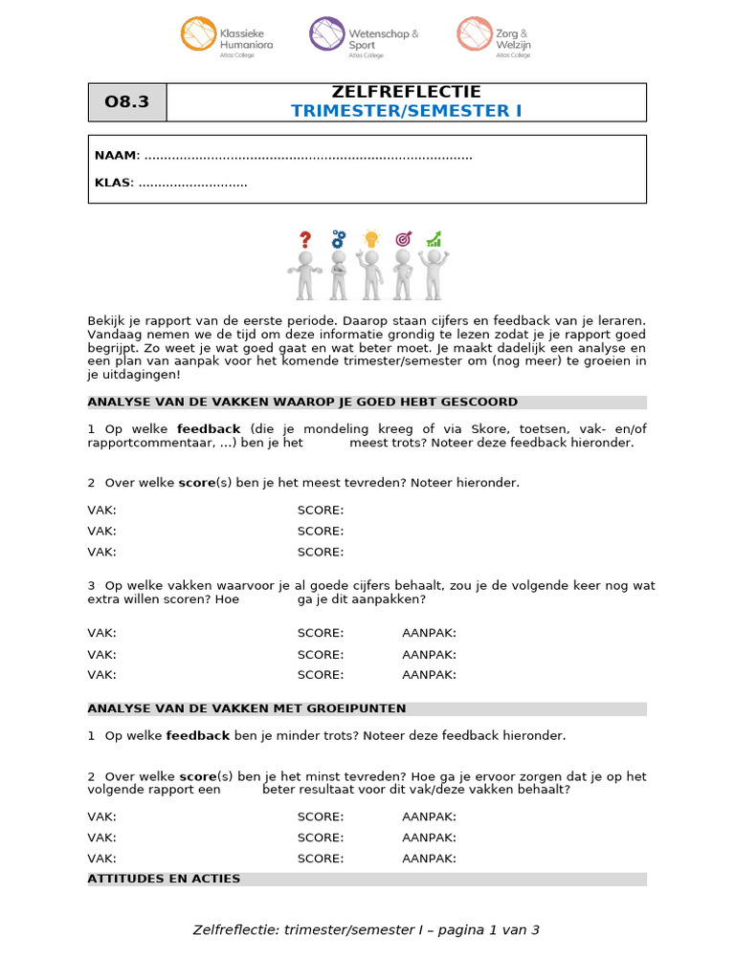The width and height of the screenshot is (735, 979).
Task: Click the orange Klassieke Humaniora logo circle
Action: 198,34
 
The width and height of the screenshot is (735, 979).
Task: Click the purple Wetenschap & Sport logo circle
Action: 326,34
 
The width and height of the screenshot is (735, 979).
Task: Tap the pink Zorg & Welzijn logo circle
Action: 473,34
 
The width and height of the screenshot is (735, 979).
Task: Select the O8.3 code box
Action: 127,102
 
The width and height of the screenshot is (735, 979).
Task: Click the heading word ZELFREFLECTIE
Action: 406,93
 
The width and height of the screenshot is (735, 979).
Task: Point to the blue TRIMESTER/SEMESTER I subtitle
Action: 406,111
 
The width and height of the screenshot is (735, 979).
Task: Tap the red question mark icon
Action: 305,239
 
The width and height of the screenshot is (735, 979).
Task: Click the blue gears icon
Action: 338,239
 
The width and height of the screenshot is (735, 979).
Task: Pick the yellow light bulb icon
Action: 371,239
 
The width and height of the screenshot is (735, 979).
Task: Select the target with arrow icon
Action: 403,238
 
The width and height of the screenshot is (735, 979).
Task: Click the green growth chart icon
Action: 434,238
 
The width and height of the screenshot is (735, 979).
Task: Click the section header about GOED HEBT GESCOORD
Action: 302,402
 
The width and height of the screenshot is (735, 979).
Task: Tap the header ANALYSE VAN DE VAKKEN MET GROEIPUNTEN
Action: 247,708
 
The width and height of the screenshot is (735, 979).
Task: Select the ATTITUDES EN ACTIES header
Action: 164,879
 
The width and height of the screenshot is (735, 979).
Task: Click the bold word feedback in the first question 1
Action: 209,429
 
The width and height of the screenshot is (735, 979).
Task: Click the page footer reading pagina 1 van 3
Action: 367,929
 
